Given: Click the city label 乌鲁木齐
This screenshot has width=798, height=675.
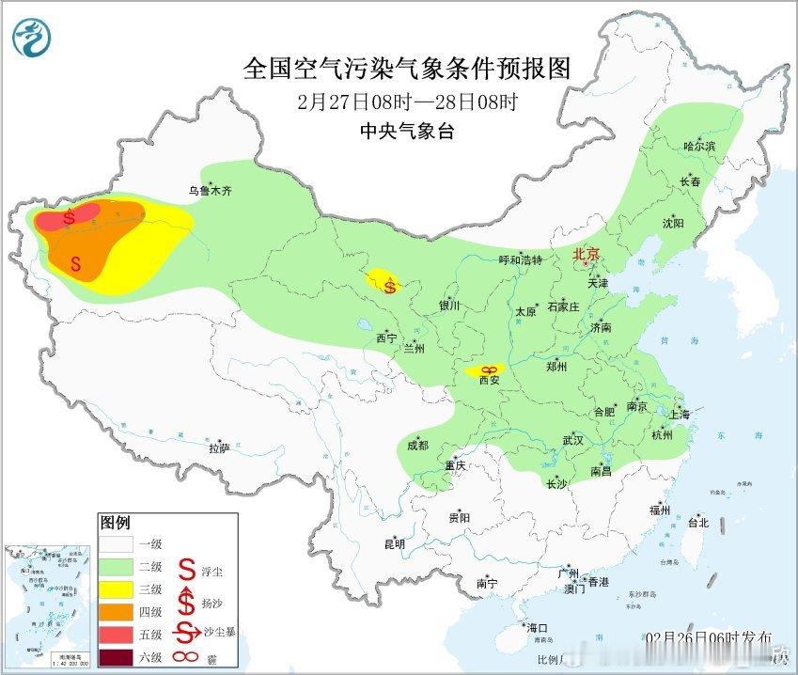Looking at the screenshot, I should click(209, 190).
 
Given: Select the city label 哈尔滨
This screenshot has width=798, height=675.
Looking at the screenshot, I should click(699, 146).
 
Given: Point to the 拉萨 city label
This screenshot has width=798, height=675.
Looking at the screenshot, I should click(219, 448).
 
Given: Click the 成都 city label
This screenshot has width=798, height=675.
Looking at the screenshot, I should click(417, 445).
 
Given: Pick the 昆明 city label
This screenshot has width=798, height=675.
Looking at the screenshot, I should click(394, 543).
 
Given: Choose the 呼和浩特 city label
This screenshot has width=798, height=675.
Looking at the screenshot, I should click(520, 259).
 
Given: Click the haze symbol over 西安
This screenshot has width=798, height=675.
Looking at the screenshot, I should click(488, 370).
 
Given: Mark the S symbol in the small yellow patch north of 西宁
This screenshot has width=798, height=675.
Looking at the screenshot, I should click(388, 287).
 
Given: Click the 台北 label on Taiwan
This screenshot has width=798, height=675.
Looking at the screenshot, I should click(697, 523).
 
